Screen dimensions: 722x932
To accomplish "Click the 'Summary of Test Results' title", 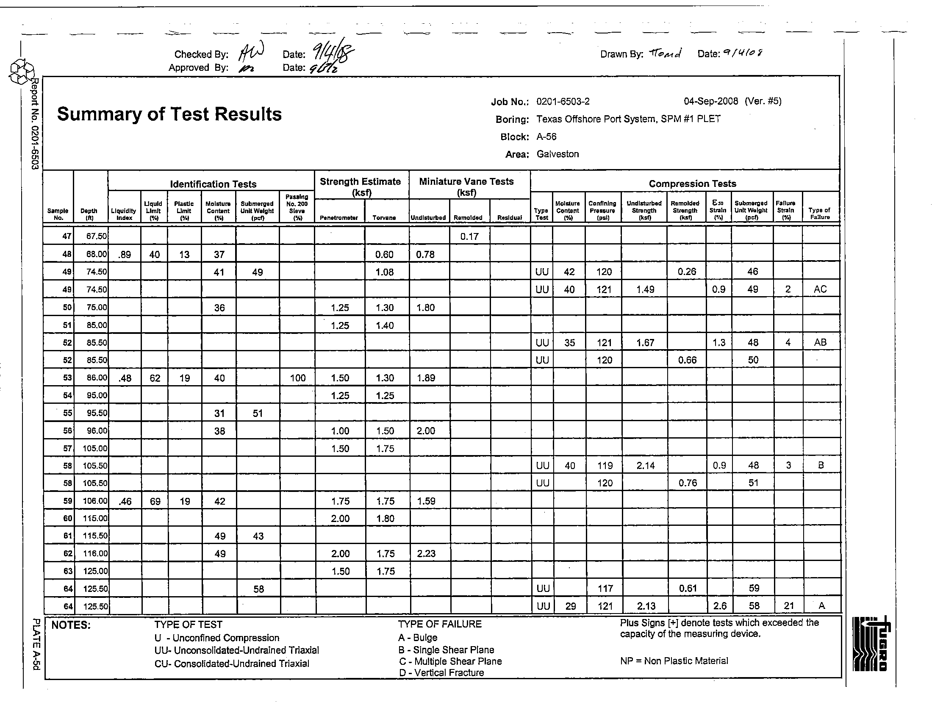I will pyautogui.click(x=169, y=114).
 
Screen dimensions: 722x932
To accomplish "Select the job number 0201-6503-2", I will pyautogui.click(x=563, y=102).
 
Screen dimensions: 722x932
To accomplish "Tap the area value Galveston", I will pyautogui.click(x=558, y=154).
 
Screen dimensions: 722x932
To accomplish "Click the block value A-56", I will pyautogui.click(x=546, y=136).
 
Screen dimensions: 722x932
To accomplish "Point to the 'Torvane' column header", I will pyautogui.click(x=384, y=218).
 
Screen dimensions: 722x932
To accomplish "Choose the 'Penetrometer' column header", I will pyautogui.click(x=339, y=218).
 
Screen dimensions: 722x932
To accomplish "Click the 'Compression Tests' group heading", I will pyautogui.click(x=692, y=183).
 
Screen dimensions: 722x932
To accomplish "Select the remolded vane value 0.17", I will pyautogui.click(x=469, y=236).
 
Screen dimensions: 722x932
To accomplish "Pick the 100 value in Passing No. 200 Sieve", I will pyautogui.click(x=297, y=378).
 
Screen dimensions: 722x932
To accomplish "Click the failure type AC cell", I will pyautogui.click(x=820, y=289).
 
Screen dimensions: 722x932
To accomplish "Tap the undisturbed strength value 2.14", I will pyautogui.click(x=645, y=466).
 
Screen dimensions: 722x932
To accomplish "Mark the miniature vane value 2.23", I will pyautogui.click(x=426, y=553).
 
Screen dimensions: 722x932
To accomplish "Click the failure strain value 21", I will pyautogui.click(x=789, y=605).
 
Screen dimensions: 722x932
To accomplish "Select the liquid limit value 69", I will pyautogui.click(x=155, y=501).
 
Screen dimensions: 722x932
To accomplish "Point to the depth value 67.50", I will pyautogui.click(x=97, y=236).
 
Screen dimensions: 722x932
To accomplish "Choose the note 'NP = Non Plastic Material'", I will pyautogui.click(x=674, y=661).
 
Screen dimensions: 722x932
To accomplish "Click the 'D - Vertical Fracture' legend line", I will pyautogui.click(x=441, y=673).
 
